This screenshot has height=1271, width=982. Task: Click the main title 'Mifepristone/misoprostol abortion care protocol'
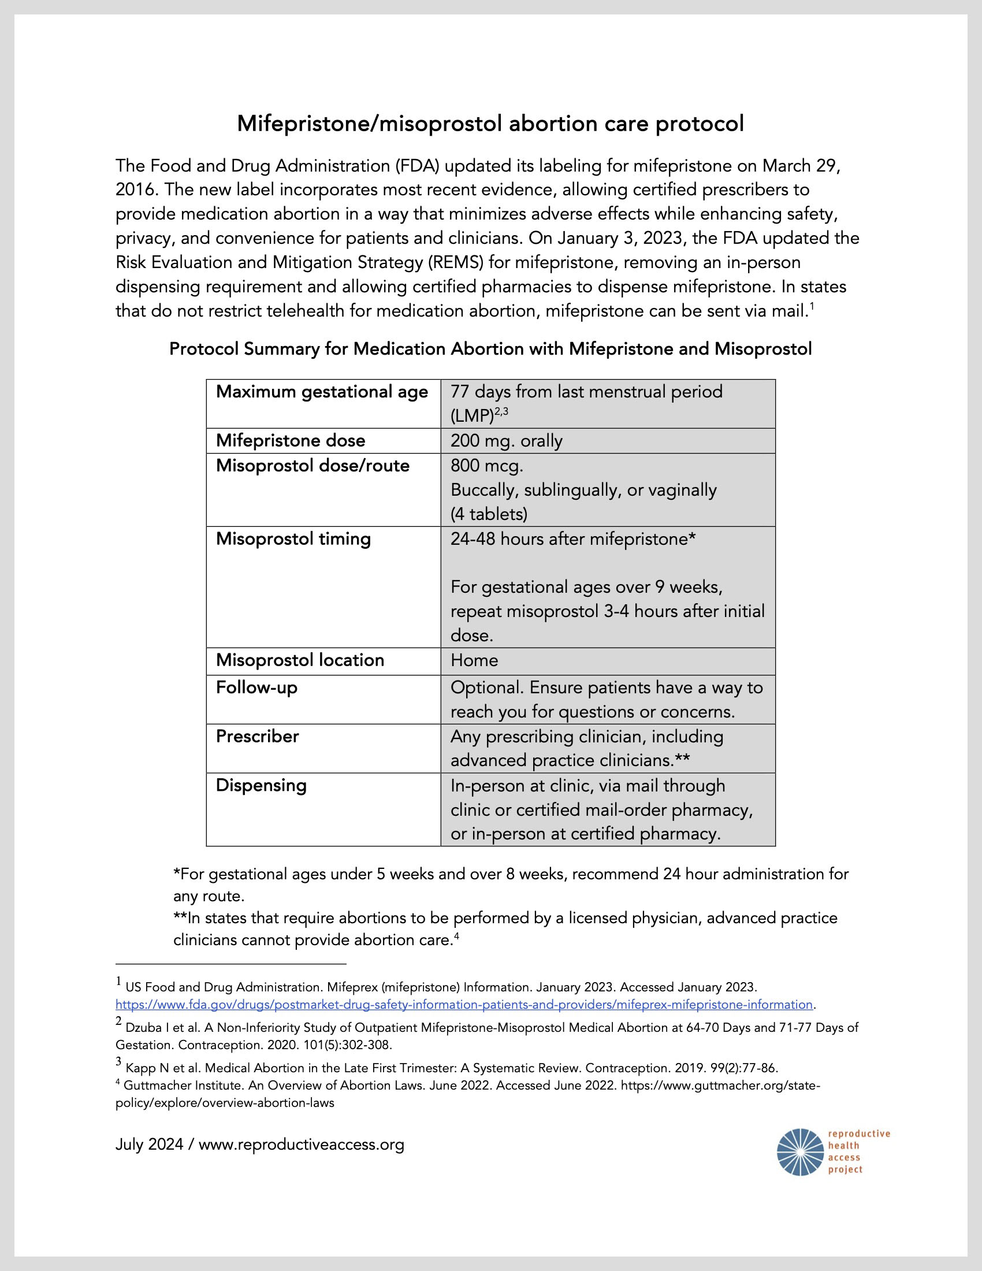click(x=490, y=124)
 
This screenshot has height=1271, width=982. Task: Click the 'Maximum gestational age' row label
click(x=322, y=392)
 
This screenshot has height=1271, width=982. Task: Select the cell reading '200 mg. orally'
click(x=506, y=441)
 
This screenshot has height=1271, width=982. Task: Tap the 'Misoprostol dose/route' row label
click(x=313, y=466)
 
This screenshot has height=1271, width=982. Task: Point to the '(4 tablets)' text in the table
click(x=489, y=514)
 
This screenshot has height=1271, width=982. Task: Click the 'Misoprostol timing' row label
click(x=293, y=539)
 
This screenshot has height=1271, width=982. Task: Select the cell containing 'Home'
click(x=474, y=660)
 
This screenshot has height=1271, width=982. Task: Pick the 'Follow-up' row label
click(x=256, y=687)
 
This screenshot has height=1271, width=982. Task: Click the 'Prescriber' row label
click(x=257, y=736)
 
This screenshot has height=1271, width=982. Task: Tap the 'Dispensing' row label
click(x=261, y=785)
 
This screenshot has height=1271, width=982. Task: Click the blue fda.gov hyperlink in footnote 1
click(x=464, y=1005)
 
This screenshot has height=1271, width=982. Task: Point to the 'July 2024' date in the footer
click(x=148, y=1144)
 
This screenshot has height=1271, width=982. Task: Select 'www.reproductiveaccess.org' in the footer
click(x=301, y=1144)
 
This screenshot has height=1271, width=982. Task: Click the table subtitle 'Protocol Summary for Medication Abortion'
click(x=490, y=349)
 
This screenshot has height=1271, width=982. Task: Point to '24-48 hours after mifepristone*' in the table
click(x=572, y=539)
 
